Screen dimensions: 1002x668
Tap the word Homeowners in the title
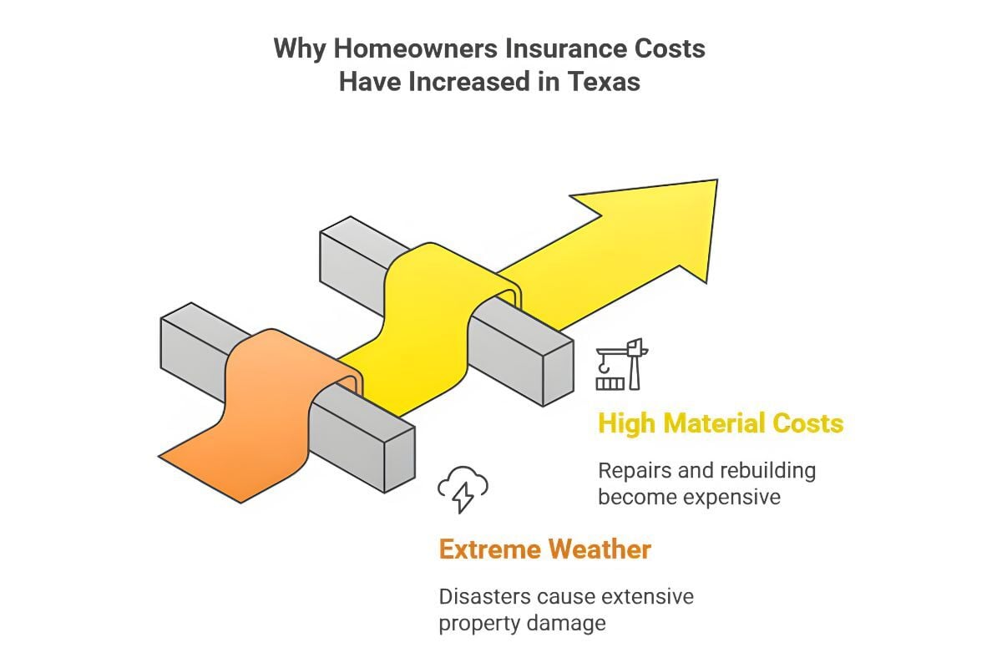415,48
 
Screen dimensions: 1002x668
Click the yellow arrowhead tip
716,180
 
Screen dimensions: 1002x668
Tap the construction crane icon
622,364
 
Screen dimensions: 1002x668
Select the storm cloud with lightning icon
463,489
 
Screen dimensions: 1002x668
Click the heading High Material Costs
721,423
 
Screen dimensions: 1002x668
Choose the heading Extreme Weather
544,549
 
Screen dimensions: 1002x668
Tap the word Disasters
484,597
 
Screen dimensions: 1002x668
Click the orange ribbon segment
264,416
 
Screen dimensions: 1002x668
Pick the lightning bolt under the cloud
463,498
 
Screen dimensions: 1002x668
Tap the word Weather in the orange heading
600,549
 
